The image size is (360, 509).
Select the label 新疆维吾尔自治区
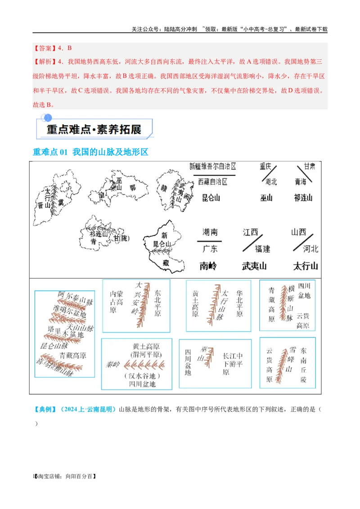[212, 166]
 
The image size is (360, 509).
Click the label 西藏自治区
[212, 182]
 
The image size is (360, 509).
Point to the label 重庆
[265, 166]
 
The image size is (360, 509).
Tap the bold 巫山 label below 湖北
[267, 197]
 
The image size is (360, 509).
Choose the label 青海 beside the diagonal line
[300, 182]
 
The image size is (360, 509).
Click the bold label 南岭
[208, 266]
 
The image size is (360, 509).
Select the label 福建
[262, 249]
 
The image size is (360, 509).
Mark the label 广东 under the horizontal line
[210, 249]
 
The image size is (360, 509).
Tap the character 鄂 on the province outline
[132, 188]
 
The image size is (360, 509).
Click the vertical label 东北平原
[157, 301]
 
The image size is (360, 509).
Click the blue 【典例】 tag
[45, 409]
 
